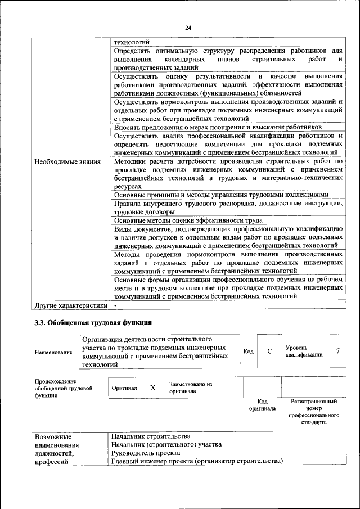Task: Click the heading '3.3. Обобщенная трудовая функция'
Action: click(93, 322)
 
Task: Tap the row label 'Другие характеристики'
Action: click(70, 305)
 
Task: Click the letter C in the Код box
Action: click(269, 351)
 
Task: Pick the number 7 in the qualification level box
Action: click(337, 351)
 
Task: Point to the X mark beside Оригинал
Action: click(152, 388)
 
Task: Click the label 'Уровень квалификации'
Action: click(304, 351)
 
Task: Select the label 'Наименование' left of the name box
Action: click(53, 352)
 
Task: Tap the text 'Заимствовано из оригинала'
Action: click(191, 388)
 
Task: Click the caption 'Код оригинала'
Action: click(262, 405)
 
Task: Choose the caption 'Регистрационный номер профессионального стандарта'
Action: click(314, 411)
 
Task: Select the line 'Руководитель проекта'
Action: click(146, 453)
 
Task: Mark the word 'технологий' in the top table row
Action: click(131, 42)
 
